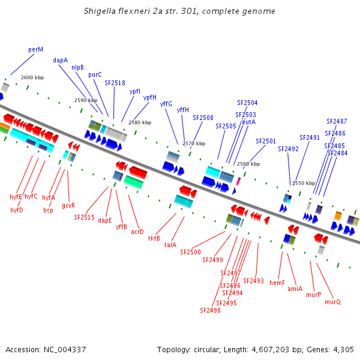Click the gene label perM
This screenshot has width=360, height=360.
point(35,49)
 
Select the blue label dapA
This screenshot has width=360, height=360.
point(60,60)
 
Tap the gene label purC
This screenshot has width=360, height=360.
point(95,74)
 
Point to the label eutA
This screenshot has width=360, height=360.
point(248,122)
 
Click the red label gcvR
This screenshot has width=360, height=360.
point(68,205)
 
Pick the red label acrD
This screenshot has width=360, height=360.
point(137,232)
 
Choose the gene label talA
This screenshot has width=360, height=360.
point(170,245)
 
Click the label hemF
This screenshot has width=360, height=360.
point(277,282)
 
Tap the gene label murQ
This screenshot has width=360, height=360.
point(332,302)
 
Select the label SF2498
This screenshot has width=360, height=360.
point(210,310)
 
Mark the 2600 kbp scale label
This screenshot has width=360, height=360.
point(32,77)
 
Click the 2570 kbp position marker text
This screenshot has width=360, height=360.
point(194,143)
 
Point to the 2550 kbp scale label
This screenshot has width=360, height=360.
point(304,183)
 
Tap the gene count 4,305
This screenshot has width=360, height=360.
point(343,349)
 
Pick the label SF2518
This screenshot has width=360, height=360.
point(115,83)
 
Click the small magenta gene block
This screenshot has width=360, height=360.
point(238,181)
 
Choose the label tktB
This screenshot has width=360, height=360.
point(154,238)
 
